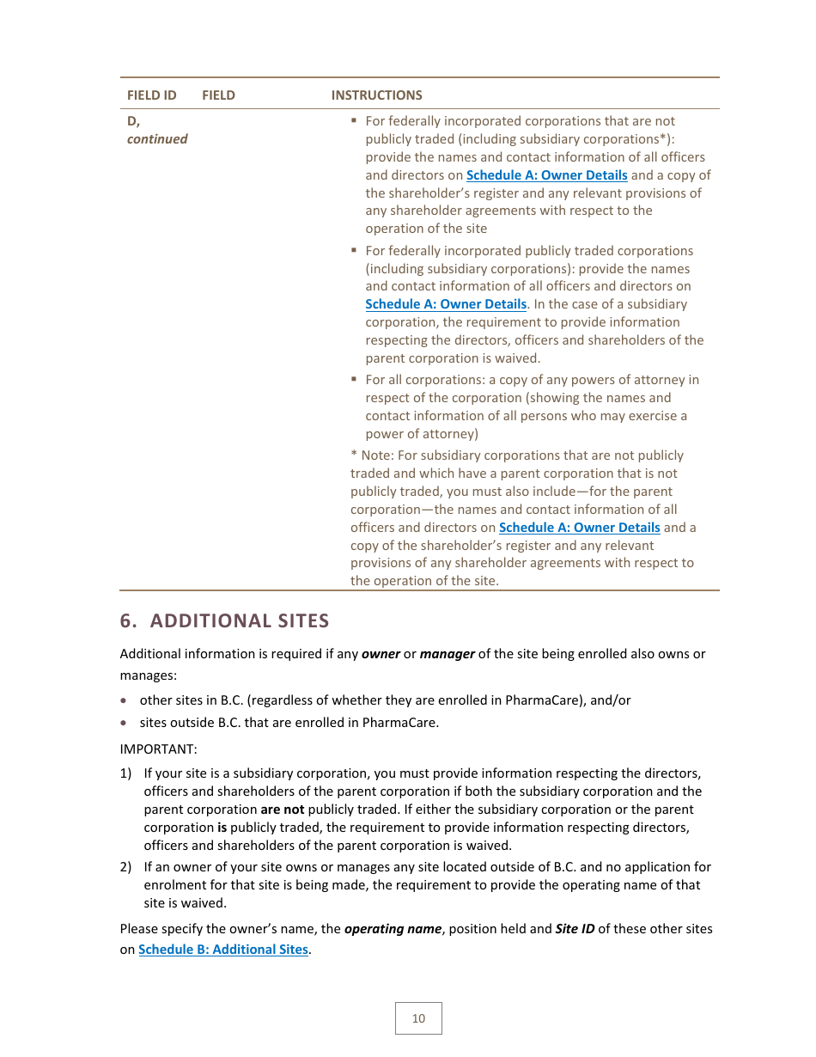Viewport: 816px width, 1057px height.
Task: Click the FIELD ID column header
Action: coord(151,95)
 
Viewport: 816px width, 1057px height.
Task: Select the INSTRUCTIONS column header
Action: coord(376,95)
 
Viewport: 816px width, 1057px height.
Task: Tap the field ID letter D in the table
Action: coord(132,121)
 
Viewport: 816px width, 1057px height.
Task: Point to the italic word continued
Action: coord(157,139)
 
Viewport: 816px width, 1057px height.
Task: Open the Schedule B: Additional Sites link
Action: coord(222,950)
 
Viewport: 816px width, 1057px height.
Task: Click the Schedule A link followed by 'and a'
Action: coord(579,528)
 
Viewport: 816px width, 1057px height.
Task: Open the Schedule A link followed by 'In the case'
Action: coord(445,304)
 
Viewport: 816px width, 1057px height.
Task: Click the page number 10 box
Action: coord(418,1018)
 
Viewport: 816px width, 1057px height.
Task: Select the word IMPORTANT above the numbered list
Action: coord(158,749)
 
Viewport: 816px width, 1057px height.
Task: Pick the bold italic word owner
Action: coord(381,654)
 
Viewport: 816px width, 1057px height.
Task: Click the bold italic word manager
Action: coord(447,654)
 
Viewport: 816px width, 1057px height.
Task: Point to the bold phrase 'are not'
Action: coord(282,810)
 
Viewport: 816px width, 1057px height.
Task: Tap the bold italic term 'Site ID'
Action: coord(575,929)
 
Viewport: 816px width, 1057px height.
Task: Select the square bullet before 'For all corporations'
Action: coord(354,379)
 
